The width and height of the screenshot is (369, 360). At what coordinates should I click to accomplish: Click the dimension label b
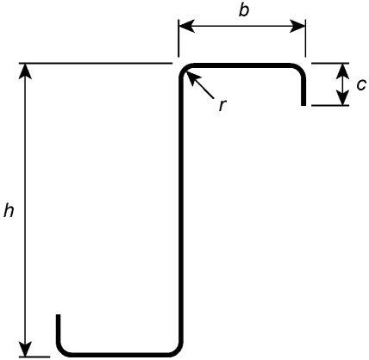[x=243, y=11]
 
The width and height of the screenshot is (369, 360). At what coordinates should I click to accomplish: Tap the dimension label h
[x=9, y=211]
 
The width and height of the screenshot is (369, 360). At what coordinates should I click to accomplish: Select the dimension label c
[x=361, y=85]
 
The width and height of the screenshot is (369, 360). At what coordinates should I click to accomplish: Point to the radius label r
[x=222, y=105]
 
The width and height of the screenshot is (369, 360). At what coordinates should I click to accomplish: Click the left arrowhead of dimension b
[x=186, y=26]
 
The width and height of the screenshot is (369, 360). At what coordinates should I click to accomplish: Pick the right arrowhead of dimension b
[x=297, y=26]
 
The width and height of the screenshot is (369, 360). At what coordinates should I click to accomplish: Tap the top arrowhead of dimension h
[x=26, y=71]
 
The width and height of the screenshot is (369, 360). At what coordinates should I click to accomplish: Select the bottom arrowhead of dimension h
[x=26, y=350]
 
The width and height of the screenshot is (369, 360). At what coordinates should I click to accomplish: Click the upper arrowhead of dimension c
[x=343, y=71]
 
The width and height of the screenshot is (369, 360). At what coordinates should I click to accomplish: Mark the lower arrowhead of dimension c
[x=343, y=98]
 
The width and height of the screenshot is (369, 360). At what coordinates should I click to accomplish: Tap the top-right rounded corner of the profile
[x=300, y=68]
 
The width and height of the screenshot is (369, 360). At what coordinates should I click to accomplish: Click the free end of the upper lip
[x=303, y=105]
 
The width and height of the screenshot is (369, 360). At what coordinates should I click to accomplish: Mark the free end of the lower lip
[x=58, y=315]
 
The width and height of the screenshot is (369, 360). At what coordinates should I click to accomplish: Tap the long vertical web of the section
[x=181, y=209]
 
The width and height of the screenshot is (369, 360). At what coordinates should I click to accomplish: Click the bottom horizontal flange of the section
[x=120, y=355]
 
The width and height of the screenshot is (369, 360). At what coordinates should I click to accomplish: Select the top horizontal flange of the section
[x=241, y=65]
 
